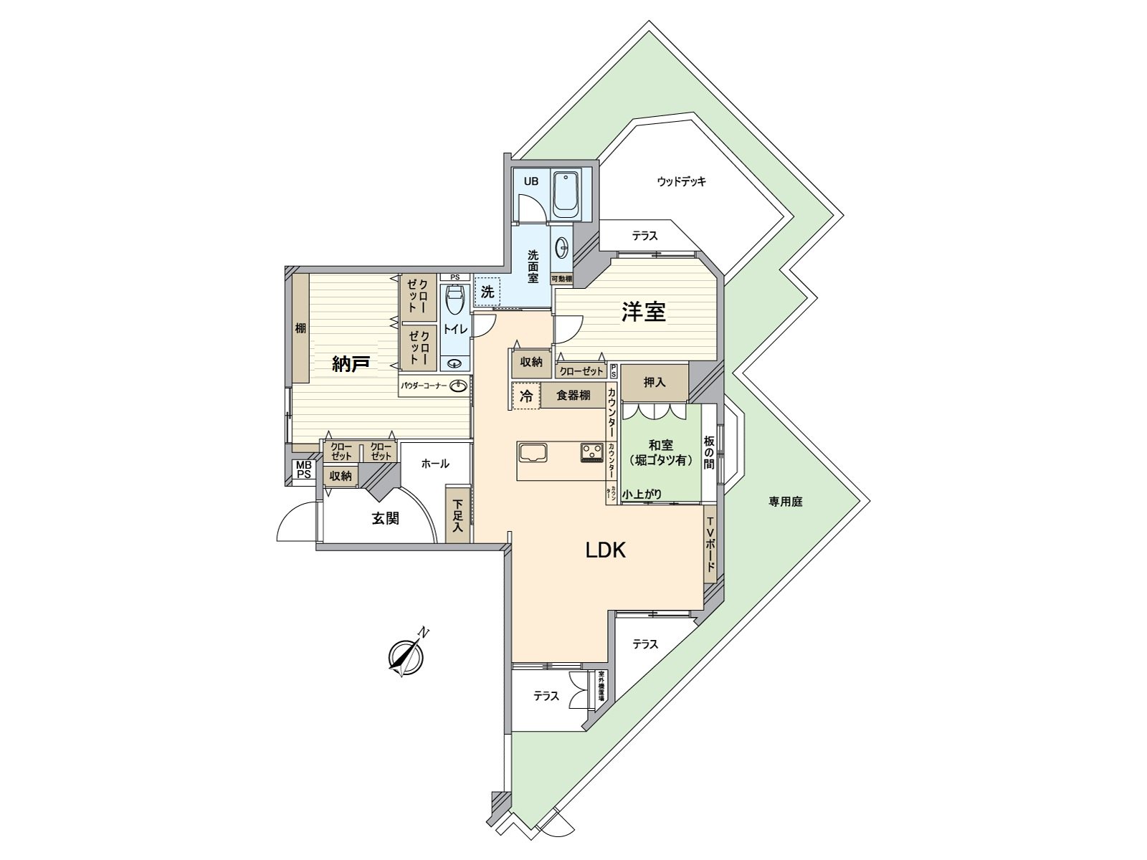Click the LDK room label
(x=606, y=550)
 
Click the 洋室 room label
(x=643, y=312)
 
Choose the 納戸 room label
(x=351, y=364)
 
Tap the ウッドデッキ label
(x=681, y=181)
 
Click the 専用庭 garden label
(x=785, y=502)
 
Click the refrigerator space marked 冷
(x=525, y=396)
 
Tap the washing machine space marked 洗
(x=487, y=292)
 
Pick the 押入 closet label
(x=655, y=383)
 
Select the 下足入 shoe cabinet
(x=457, y=514)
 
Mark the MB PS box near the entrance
(x=304, y=470)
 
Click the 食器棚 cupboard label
(x=573, y=396)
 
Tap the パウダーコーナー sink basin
(x=458, y=386)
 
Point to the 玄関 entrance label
(x=385, y=518)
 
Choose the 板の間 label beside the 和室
(x=708, y=452)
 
